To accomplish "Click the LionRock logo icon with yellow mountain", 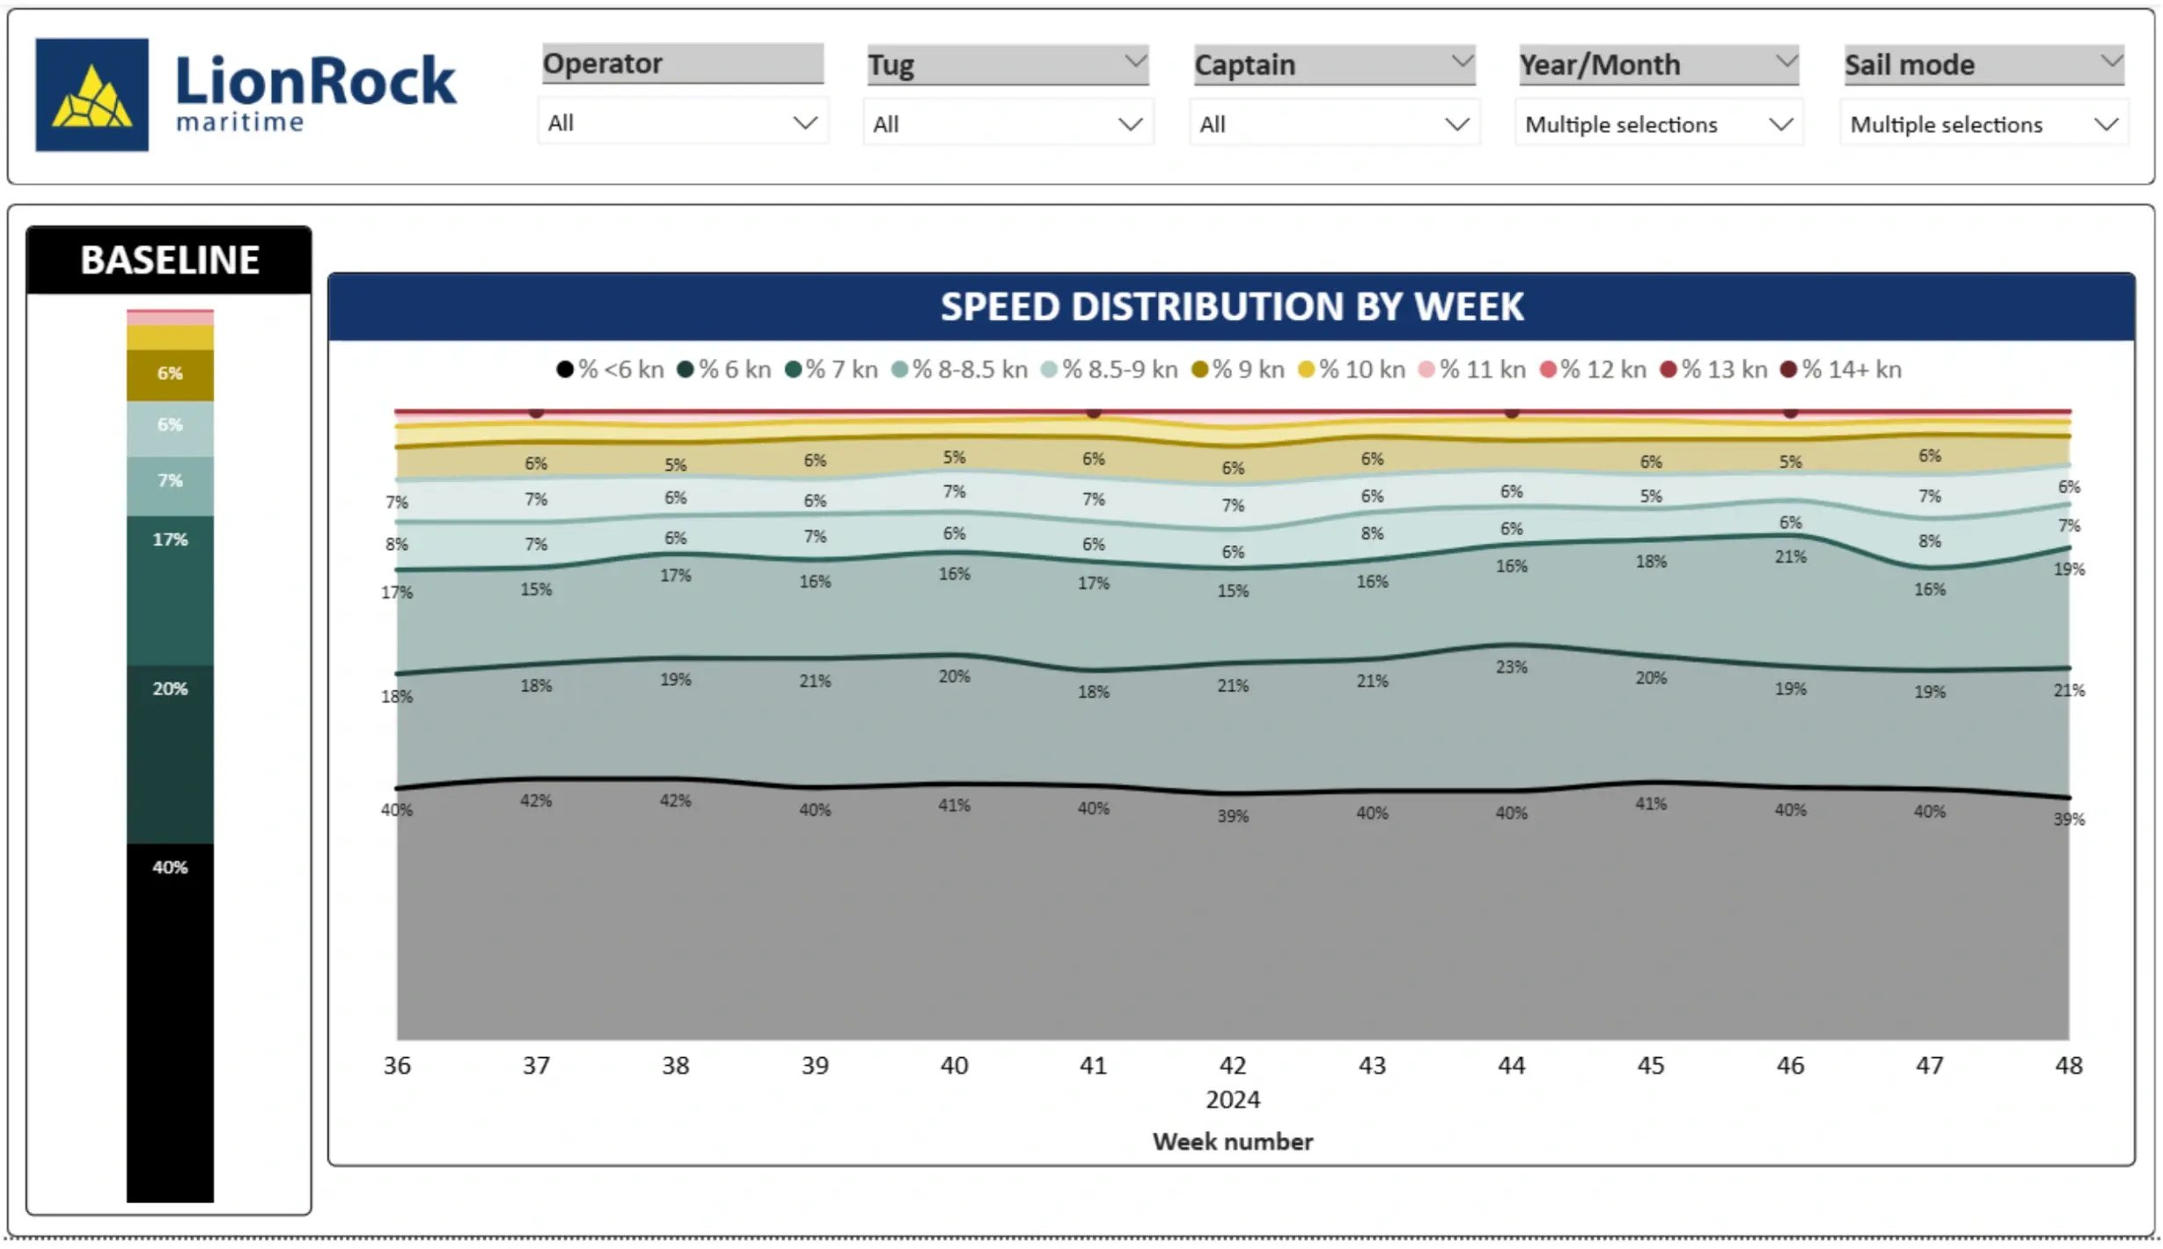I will [x=92, y=94].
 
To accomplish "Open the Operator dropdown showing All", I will [x=682, y=123].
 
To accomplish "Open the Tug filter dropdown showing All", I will [x=1008, y=124].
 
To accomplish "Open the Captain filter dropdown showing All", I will [x=1333, y=124].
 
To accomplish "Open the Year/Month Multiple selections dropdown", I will [x=1659, y=124].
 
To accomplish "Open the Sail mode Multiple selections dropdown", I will [x=1983, y=124].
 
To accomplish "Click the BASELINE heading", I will [x=169, y=260].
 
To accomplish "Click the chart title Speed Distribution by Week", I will [x=1231, y=307].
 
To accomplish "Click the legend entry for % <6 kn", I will [x=611, y=369].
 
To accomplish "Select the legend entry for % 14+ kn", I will [x=1841, y=369].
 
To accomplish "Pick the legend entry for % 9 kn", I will [x=1238, y=369].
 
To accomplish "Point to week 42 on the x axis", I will [x=1232, y=1065].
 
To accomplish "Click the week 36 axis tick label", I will [x=397, y=1065].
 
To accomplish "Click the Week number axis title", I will [x=1232, y=1142].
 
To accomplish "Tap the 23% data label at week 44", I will [x=1511, y=667].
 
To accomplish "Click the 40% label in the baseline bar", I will [x=170, y=867].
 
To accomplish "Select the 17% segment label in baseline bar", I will [x=170, y=539].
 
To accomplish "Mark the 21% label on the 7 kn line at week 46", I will [x=1790, y=557].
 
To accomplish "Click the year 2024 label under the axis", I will [x=1232, y=1099].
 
